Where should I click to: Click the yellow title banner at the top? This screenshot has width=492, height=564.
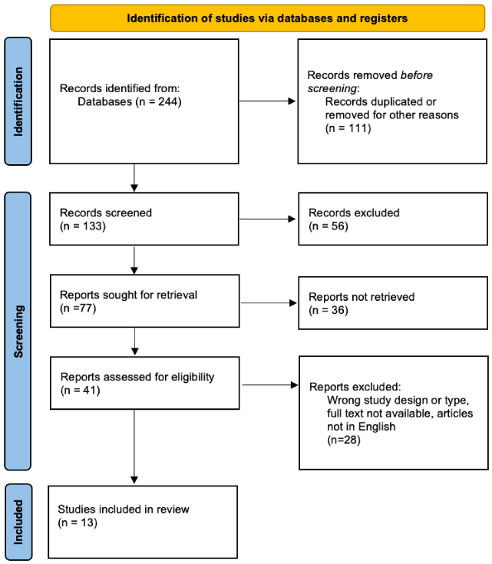(x=267, y=16)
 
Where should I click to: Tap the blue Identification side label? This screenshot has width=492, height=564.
(x=18, y=101)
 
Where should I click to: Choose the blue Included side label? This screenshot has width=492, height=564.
(x=18, y=522)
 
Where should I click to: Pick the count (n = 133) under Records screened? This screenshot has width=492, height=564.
(x=83, y=226)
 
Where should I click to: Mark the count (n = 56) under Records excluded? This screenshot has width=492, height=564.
(x=329, y=226)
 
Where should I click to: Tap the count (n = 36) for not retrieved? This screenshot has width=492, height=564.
(x=329, y=310)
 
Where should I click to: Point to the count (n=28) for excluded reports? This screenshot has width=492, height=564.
(x=344, y=440)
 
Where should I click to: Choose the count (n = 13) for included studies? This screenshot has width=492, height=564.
(x=80, y=522)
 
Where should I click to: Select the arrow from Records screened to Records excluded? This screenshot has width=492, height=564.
(x=269, y=219)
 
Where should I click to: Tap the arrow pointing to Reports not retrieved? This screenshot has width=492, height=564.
(x=269, y=302)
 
